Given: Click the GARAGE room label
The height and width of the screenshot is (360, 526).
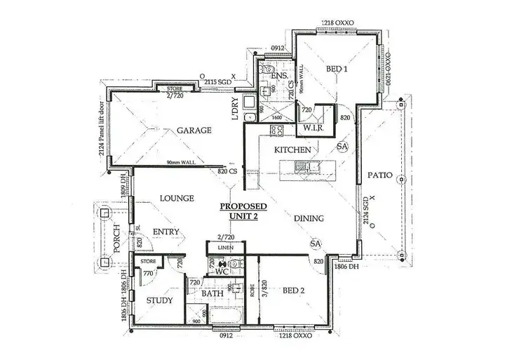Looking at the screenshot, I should [x=194, y=131].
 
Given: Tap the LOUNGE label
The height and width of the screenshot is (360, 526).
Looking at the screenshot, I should [x=177, y=199].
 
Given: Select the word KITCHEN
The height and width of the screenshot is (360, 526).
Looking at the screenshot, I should [x=292, y=151].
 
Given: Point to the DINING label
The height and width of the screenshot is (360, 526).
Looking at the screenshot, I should [x=309, y=218].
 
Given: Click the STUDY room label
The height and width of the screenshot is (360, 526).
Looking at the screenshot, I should [x=159, y=301].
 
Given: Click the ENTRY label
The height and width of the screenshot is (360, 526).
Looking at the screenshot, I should [x=166, y=232].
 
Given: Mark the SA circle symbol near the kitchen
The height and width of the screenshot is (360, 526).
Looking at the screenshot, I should [x=342, y=146].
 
